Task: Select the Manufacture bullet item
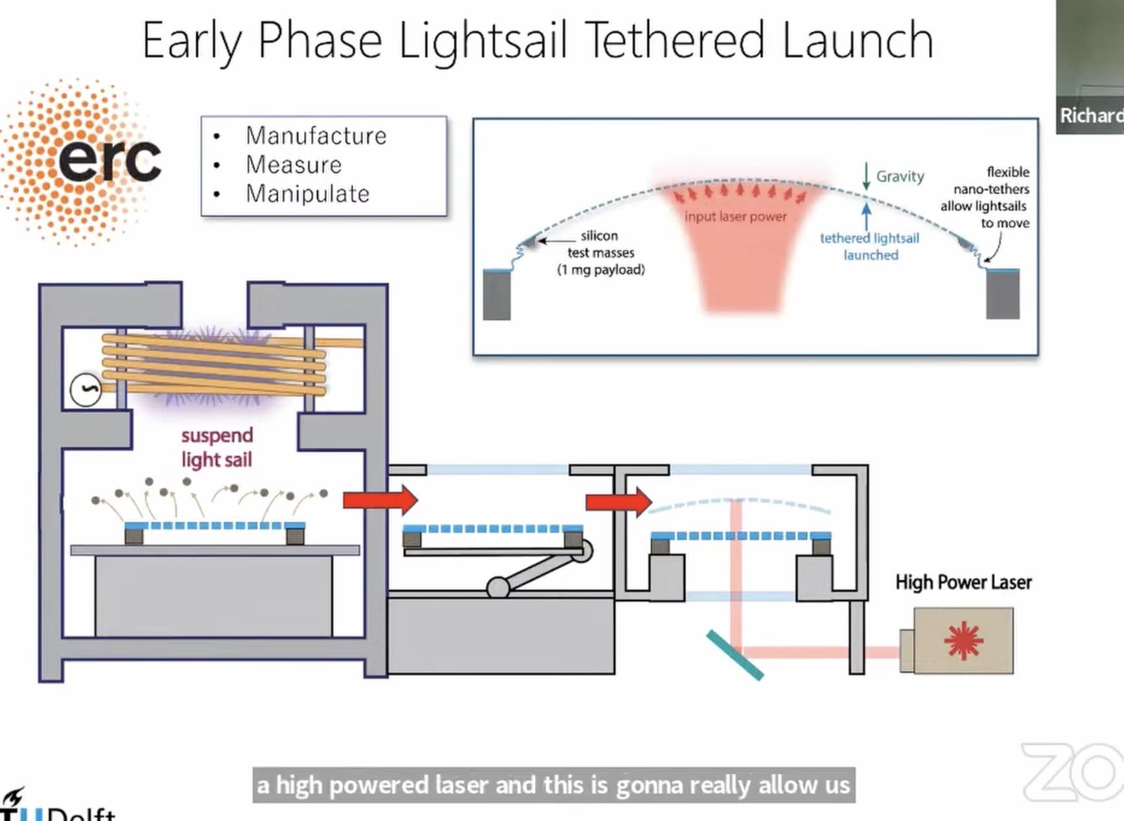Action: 316,136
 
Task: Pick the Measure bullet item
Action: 293,165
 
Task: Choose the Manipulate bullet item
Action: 307,194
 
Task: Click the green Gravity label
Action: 900,176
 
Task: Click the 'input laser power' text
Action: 735,217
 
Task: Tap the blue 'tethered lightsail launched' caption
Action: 869,246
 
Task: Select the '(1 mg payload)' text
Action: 601,270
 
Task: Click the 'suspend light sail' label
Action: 217,447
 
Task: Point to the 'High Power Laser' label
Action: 963,582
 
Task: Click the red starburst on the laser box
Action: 963,640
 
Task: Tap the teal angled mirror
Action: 734,655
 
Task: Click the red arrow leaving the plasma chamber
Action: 381,500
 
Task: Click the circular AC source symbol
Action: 86,390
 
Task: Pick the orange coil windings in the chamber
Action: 214,364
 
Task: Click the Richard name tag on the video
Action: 1091,115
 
